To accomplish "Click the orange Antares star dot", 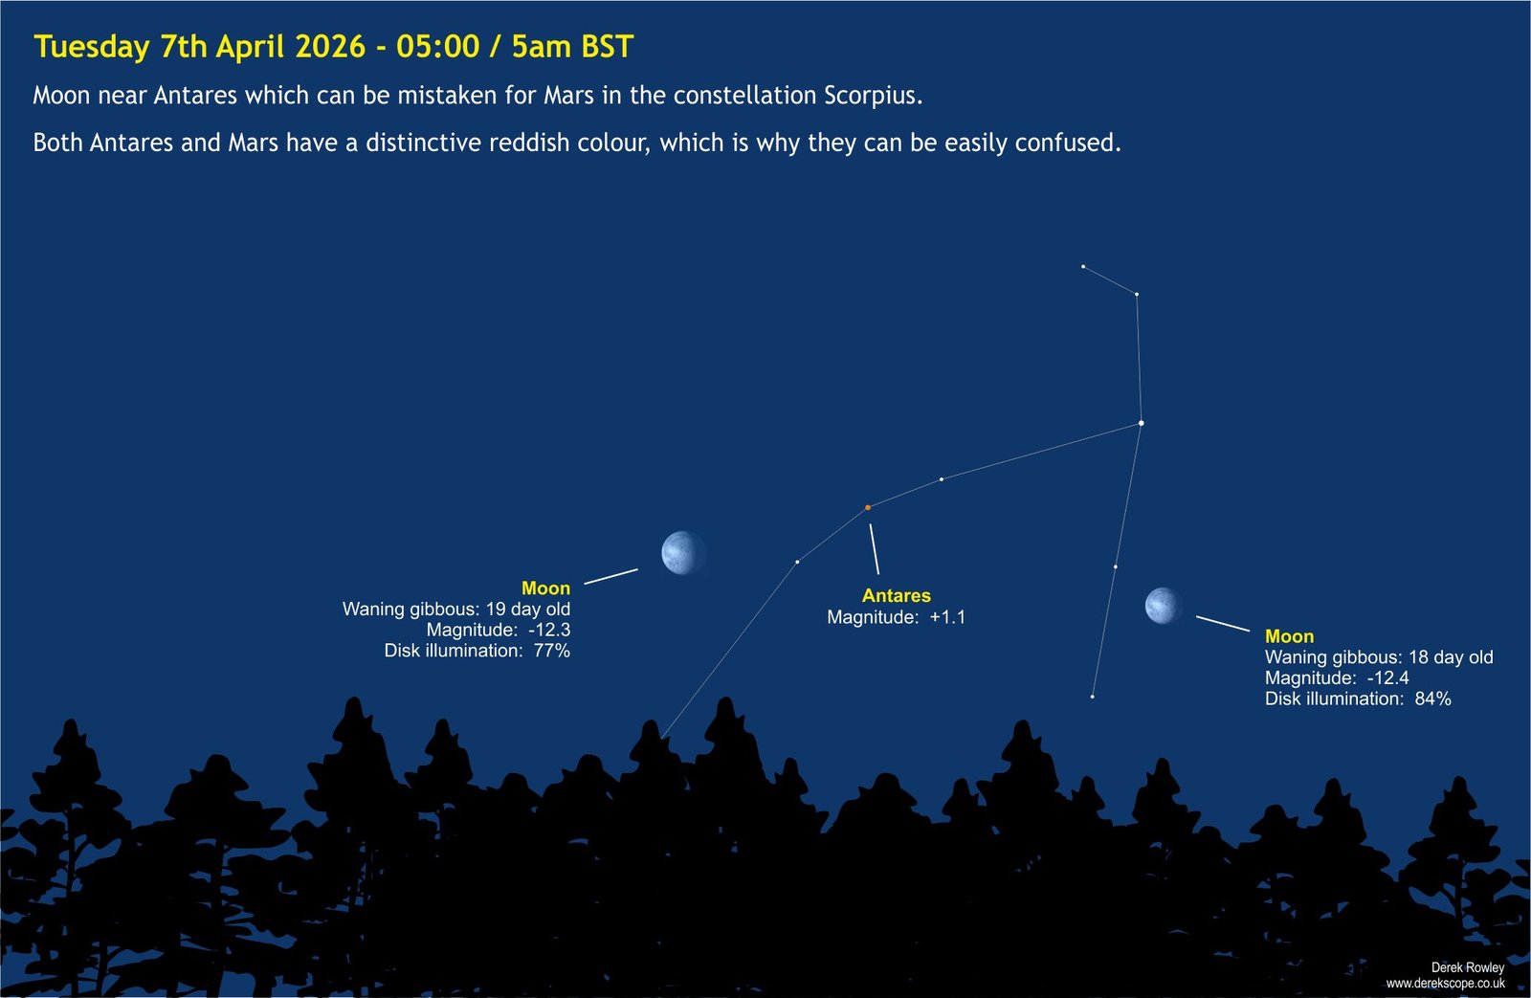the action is tap(868, 508).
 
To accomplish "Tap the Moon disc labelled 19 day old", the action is tap(683, 553).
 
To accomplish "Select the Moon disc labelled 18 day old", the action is tap(1163, 606).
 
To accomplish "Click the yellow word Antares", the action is tap(896, 595).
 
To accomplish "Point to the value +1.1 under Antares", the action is tap(947, 617).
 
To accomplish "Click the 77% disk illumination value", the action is tap(551, 650).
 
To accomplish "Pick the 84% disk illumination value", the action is tap(1432, 699).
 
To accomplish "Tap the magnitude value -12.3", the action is tap(549, 630).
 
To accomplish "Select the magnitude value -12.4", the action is tap(1388, 678).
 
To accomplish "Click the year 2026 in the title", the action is tap(330, 47).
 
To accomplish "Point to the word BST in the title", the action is tap(607, 47).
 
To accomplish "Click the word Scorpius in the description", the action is tap(874, 96).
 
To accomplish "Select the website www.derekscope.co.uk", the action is tap(1445, 984).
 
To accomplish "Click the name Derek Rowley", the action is tap(1468, 967).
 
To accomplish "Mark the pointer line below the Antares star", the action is tap(875, 549).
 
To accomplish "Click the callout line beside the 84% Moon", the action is tap(1223, 624).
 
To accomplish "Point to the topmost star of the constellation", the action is tap(1083, 267).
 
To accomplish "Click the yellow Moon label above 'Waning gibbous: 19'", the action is tap(545, 588).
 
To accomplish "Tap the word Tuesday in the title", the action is tap(92, 47).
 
